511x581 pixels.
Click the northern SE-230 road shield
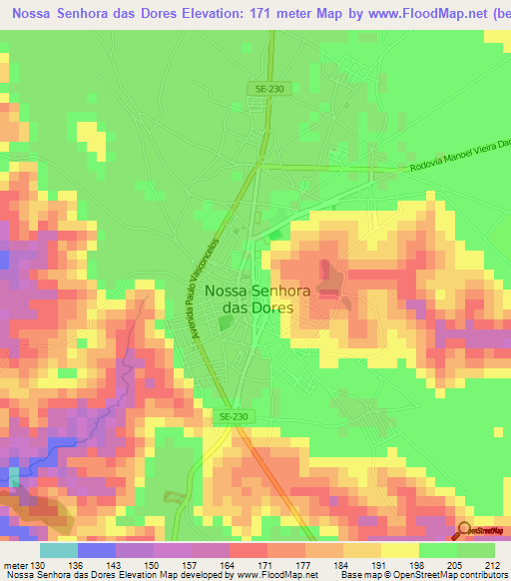tap(269, 89)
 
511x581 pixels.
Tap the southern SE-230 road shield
tap(232, 416)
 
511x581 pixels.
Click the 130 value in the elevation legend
tap(37, 564)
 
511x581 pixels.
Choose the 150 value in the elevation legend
tap(153, 564)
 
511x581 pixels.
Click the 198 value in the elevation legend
tap(420, 564)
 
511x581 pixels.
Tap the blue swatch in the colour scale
tap(96, 550)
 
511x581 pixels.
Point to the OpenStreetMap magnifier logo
tap(464, 530)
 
